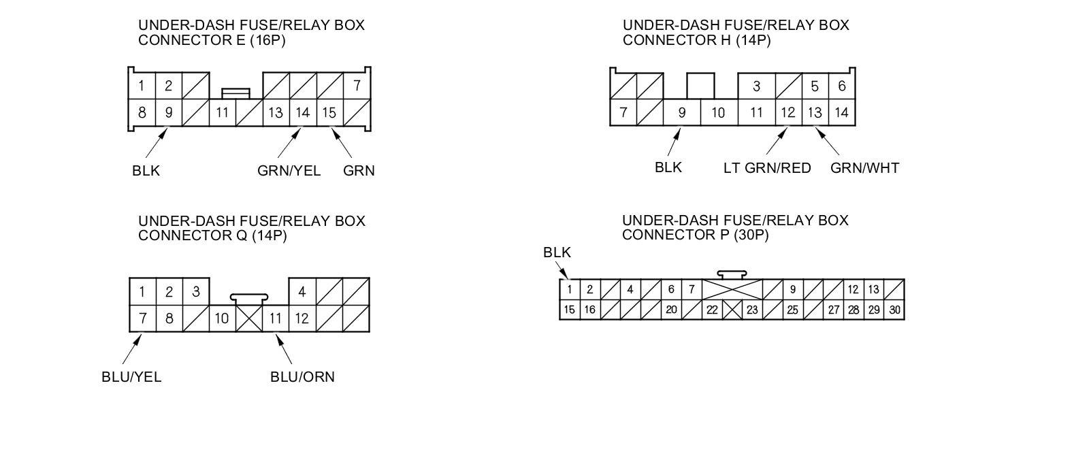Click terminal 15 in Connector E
[329, 113]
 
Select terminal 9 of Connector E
[169, 113]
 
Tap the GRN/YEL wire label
[289, 171]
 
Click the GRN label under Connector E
[359, 171]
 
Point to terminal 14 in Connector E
[303, 113]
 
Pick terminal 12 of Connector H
[788, 113]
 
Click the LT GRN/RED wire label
[767, 168]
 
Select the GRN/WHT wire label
[864, 168]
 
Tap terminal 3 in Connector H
[756, 86]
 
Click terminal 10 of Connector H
[718, 113]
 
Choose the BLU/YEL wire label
[131, 377]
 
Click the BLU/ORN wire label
[302, 377]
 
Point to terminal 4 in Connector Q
[302, 292]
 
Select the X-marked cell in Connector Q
[249, 318]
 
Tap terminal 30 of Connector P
[895, 310]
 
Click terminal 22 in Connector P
[712, 310]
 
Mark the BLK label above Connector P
[557, 252]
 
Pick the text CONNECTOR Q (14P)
[212, 235]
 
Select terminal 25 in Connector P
[792, 310]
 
